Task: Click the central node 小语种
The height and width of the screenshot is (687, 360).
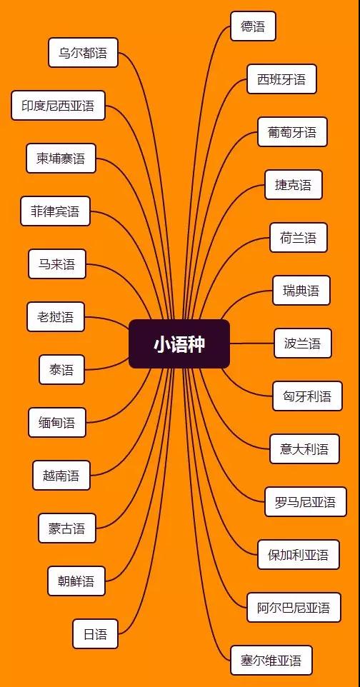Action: (x=179, y=344)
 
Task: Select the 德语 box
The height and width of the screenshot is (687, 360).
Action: (x=253, y=26)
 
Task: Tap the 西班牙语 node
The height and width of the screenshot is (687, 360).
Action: (x=281, y=79)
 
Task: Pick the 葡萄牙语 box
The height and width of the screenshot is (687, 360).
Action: (x=292, y=132)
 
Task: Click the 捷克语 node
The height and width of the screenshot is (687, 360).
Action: (x=294, y=185)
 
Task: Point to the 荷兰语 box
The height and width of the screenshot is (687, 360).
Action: (x=298, y=238)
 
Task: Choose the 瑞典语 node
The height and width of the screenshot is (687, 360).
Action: (x=301, y=291)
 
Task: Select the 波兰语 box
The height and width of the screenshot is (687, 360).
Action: (x=303, y=343)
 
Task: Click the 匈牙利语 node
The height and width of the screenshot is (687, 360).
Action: (x=307, y=396)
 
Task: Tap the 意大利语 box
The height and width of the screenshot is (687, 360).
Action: (x=304, y=449)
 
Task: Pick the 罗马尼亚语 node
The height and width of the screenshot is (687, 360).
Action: (x=305, y=502)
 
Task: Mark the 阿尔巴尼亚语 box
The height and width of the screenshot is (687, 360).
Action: (x=294, y=608)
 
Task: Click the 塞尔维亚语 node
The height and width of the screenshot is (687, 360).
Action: (x=271, y=661)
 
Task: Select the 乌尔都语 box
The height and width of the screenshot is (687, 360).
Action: (x=83, y=53)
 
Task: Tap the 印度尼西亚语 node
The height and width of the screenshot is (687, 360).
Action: (x=58, y=106)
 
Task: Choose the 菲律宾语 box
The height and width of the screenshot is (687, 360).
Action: (x=55, y=211)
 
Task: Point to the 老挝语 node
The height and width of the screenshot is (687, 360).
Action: (x=55, y=317)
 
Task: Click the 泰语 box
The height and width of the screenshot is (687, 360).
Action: (x=61, y=370)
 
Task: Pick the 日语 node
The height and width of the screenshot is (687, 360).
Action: (x=95, y=634)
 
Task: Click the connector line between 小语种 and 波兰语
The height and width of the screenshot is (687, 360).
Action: (x=252, y=343)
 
